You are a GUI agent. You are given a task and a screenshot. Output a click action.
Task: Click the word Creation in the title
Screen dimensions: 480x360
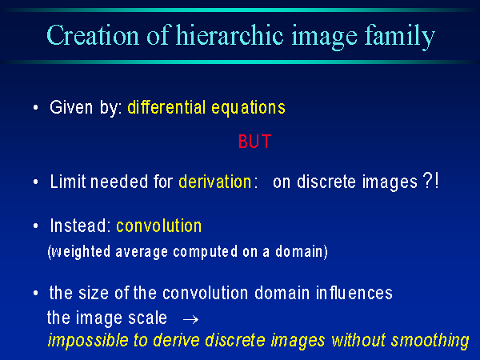coord(93,35)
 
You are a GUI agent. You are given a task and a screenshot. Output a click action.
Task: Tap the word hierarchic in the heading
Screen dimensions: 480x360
coord(230,35)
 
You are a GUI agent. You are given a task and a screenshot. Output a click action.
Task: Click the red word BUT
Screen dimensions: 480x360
coord(254,142)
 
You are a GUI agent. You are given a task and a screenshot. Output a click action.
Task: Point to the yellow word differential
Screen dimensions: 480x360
coord(166,107)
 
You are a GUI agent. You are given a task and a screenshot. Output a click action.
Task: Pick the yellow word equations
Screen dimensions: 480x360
coord(248,109)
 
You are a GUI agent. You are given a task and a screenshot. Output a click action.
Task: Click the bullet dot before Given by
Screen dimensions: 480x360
coord(36,108)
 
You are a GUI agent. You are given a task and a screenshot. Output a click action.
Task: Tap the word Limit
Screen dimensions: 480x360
coord(68,182)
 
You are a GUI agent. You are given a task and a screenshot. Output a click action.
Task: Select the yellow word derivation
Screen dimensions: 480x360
coord(215,182)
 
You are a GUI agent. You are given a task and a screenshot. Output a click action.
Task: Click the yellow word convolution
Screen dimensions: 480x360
coord(159,226)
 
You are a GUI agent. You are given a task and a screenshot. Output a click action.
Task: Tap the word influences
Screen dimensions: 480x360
coord(354,293)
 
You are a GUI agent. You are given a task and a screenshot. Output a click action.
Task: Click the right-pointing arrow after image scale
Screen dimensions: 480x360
coord(190,319)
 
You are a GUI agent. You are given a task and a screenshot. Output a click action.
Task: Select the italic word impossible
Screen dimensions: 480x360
coord(88,341)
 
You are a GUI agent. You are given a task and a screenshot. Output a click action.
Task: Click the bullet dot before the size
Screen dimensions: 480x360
coord(36,293)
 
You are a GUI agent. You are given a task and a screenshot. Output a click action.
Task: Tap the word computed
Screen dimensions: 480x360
coord(205,252)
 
